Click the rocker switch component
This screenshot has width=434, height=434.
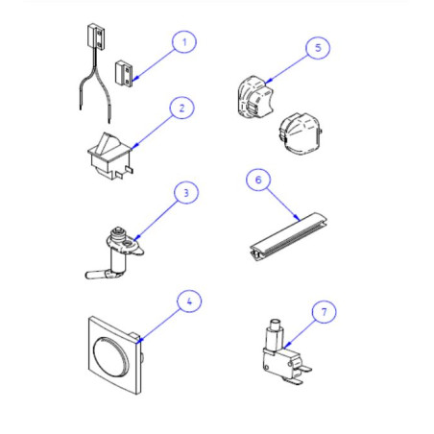(110, 157)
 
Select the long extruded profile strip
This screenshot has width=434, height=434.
(288, 237)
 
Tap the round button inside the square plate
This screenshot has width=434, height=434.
(110, 356)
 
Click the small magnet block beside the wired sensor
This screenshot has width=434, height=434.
(124, 74)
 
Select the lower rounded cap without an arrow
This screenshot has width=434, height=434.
(301, 133)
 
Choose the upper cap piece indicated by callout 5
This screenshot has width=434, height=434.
(255, 98)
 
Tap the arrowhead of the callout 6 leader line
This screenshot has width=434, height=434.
(298, 218)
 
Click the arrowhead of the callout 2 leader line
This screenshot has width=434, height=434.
(135, 146)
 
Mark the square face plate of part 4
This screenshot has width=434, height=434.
(114, 355)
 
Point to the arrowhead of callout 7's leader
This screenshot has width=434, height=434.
(286, 345)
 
